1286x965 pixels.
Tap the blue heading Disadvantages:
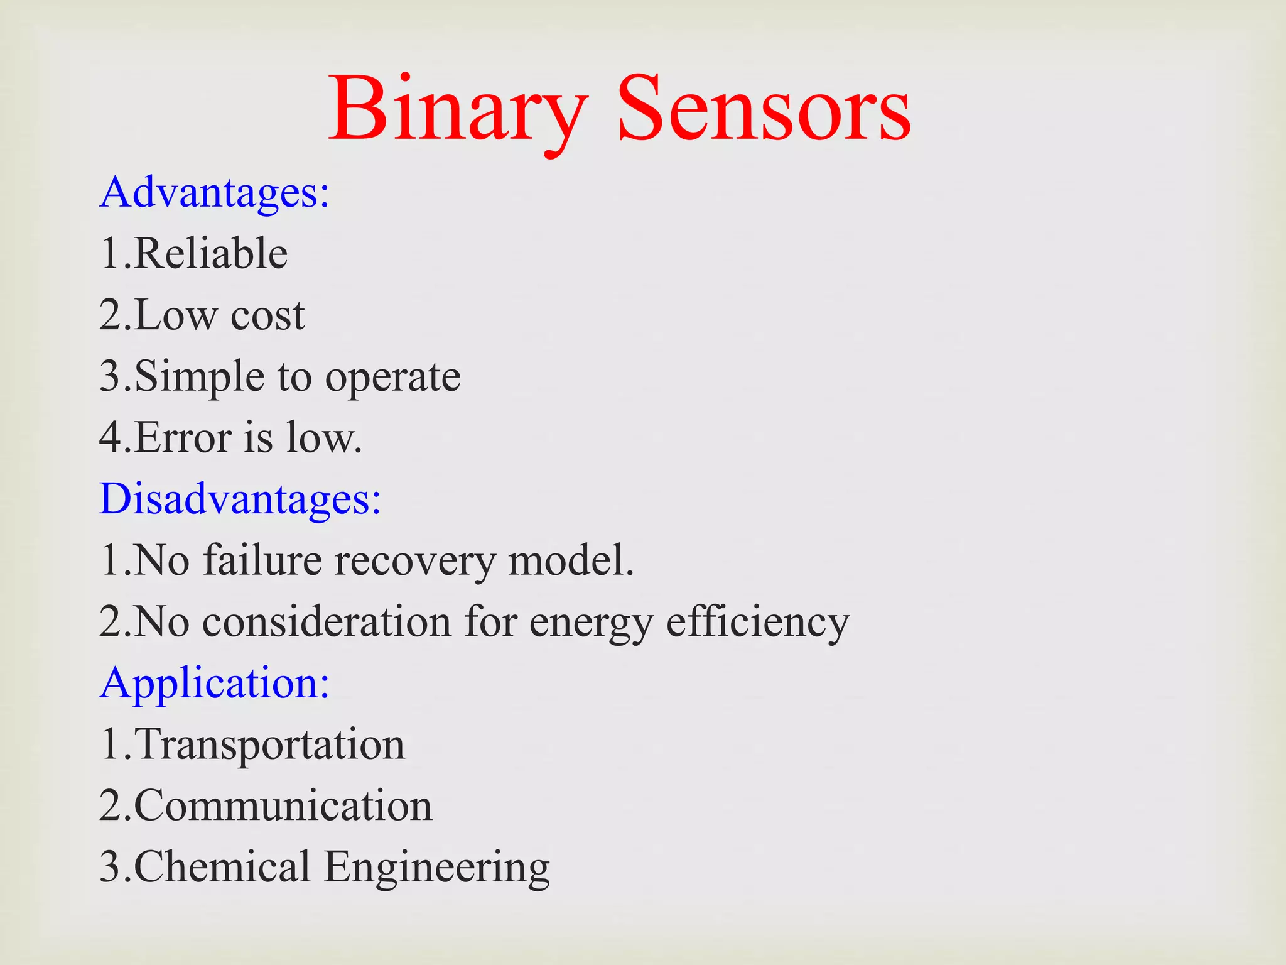(x=240, y=499)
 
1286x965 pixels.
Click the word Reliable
(x=211, y=254)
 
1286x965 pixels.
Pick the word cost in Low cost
(x=267, y=315)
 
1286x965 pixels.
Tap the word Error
(x=183, y=437)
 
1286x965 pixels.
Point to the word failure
(x=262, y=560)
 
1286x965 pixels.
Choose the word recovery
(x=415, y=561)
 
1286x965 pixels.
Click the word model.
(x=570, y=560)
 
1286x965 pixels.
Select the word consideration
(x=327, y=621)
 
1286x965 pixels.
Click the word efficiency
(x=757, y=623)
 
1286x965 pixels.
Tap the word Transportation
(x=270, y=744)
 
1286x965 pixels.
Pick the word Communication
(x=283, y=805)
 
